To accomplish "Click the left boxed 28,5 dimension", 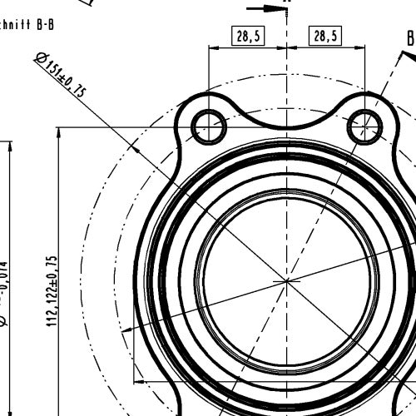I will tap(247, 36).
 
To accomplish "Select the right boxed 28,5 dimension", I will tap(325, 36).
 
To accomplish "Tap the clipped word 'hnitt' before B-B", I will tap(16, 25).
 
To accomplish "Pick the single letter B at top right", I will tap(410, 37).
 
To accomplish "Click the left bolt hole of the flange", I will tap(208, 127).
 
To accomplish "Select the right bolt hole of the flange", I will tap(364, 127).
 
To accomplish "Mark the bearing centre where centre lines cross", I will tap(287, 282).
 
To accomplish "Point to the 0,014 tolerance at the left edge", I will tap(3, 275).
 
